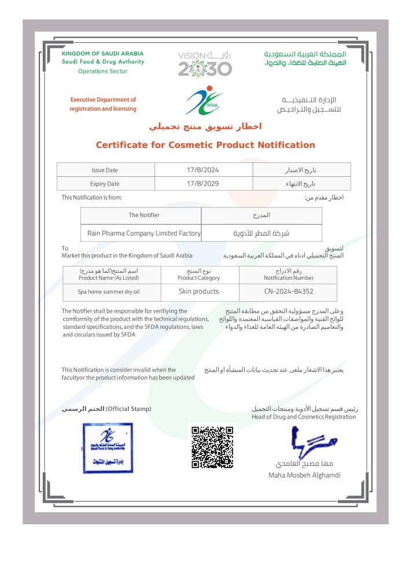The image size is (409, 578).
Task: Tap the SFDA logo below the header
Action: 204,101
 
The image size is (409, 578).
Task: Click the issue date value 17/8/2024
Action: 203,170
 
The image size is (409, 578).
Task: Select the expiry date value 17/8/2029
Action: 203,184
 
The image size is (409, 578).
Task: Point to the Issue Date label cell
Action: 105,170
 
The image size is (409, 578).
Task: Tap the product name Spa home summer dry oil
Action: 109,292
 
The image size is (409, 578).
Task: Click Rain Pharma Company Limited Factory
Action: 143,234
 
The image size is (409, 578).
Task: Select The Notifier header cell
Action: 143,215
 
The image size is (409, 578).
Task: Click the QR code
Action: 212,447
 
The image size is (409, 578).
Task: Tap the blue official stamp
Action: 108,447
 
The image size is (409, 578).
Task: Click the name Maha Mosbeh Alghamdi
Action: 304,475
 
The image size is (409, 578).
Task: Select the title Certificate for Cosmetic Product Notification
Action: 205,145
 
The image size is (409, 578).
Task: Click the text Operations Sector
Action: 102,71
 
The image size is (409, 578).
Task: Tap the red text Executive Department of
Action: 103,100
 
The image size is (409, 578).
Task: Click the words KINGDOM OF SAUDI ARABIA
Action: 102,54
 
